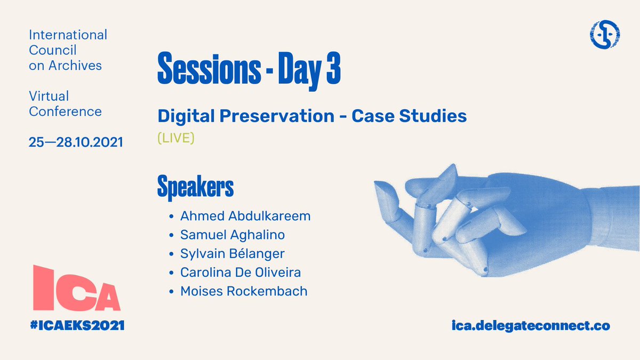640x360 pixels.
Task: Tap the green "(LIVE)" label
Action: coord(176,138)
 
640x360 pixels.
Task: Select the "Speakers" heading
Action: coord(195,187)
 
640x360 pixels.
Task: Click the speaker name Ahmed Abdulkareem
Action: coord(245,216)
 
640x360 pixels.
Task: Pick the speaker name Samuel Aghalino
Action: coord(233,235)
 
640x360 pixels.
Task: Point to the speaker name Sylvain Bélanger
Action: coord(233,253)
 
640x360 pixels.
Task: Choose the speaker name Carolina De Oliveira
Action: coord(241,272)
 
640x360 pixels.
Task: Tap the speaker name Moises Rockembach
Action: coord(244,291)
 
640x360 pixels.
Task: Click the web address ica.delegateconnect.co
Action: coord(530,325)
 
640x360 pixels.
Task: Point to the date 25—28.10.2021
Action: coord(76,142)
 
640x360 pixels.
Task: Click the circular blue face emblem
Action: coord(605,36)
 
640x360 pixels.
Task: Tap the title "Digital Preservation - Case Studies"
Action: coord(312,116)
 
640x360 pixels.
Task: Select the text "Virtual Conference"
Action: coord(65,104)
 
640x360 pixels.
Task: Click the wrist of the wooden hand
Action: coord(613,213)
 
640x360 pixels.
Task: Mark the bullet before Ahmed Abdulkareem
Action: coord(171,217)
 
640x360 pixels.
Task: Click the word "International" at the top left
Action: coord(68,35)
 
